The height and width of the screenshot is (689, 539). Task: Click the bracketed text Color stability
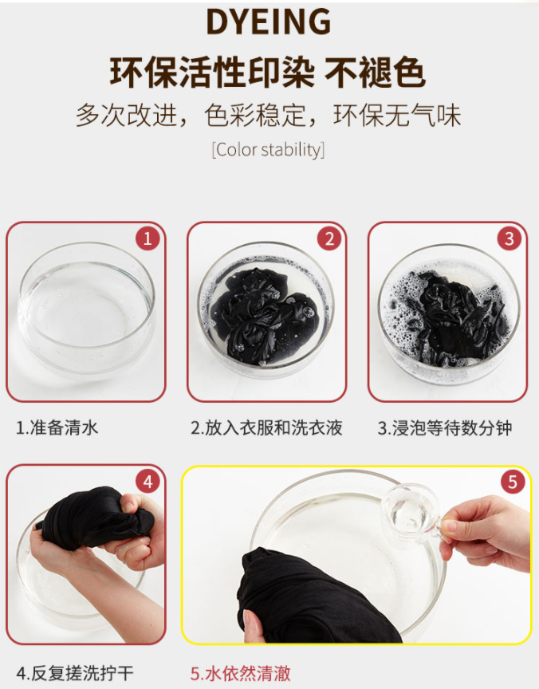[x=269, y=150]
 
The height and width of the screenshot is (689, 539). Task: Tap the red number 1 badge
[x=148, y=238]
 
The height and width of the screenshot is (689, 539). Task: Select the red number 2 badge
[x=329, y=238]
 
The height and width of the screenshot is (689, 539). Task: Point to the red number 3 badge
[x=509, y=238]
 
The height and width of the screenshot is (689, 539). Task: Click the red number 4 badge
[x=148, y=482]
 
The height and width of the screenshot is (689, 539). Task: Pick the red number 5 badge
[x=513, y=482]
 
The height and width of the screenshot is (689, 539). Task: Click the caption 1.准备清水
[x=57, y=427]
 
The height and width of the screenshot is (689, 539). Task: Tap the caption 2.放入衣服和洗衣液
[x=266, y=427]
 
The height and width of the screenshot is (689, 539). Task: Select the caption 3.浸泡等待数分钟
[x=445, y=427]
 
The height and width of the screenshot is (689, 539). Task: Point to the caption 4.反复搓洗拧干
[x=74, y=673]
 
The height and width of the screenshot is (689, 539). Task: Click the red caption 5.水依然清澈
[x=240, y=673]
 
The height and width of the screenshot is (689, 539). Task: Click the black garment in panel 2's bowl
[x=265, y=315]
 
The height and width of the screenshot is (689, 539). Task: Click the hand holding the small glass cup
[x=486, y=533]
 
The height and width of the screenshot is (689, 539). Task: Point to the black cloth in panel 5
[x=317, y=598]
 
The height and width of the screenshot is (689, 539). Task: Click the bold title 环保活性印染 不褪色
[x=268, y=72]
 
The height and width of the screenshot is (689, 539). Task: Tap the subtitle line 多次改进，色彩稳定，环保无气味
[x=269, y=116]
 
